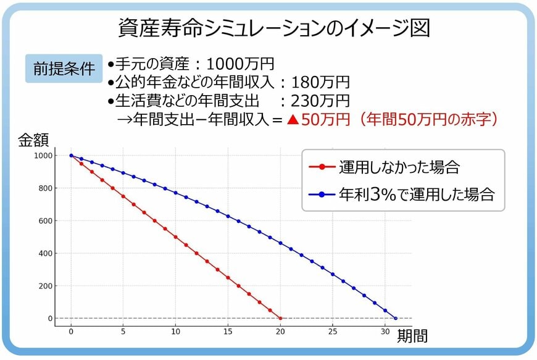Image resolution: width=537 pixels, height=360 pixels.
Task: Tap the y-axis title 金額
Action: click(x=33, y=140)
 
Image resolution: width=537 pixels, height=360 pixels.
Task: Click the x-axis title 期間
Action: click(x=412, y=337)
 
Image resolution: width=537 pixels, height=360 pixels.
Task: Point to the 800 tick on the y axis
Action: click(x=44, y=188)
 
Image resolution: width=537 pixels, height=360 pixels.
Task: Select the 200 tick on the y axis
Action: click(x=44, y=286)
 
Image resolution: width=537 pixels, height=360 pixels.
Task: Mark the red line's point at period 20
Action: click(x=280, y=319)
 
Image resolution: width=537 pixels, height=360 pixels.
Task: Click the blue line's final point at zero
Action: click(x=396, y=319)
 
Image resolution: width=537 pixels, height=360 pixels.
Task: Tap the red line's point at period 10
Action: click(x=176, y=237)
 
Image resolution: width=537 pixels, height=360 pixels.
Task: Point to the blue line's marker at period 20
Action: click(x=280, y=243)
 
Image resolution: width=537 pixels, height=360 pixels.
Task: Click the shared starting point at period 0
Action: click(x=71, y=156)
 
